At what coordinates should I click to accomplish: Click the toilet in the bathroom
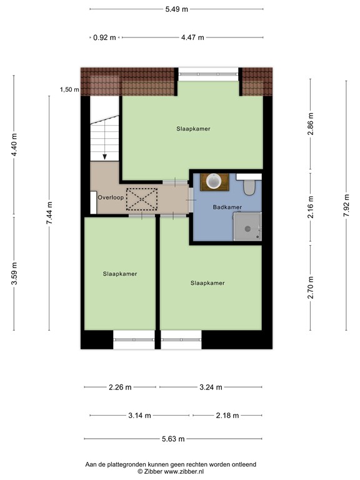[x=249, y=186]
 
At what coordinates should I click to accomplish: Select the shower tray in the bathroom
[x=246, y=225]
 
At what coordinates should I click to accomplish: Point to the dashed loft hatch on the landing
[x=142, y=199]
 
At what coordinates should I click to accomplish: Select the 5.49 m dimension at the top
[x=176, y=9]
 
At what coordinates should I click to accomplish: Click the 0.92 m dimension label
[x=104, y=37]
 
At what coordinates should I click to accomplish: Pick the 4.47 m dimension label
[x=192, y=37]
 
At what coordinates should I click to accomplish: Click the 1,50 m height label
[x=69, y=90]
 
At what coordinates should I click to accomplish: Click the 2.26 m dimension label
[x=120, y=387]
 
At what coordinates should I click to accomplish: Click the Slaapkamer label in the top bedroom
[x=192, y=129]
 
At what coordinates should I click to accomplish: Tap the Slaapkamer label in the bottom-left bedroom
[x=120, y=274]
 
